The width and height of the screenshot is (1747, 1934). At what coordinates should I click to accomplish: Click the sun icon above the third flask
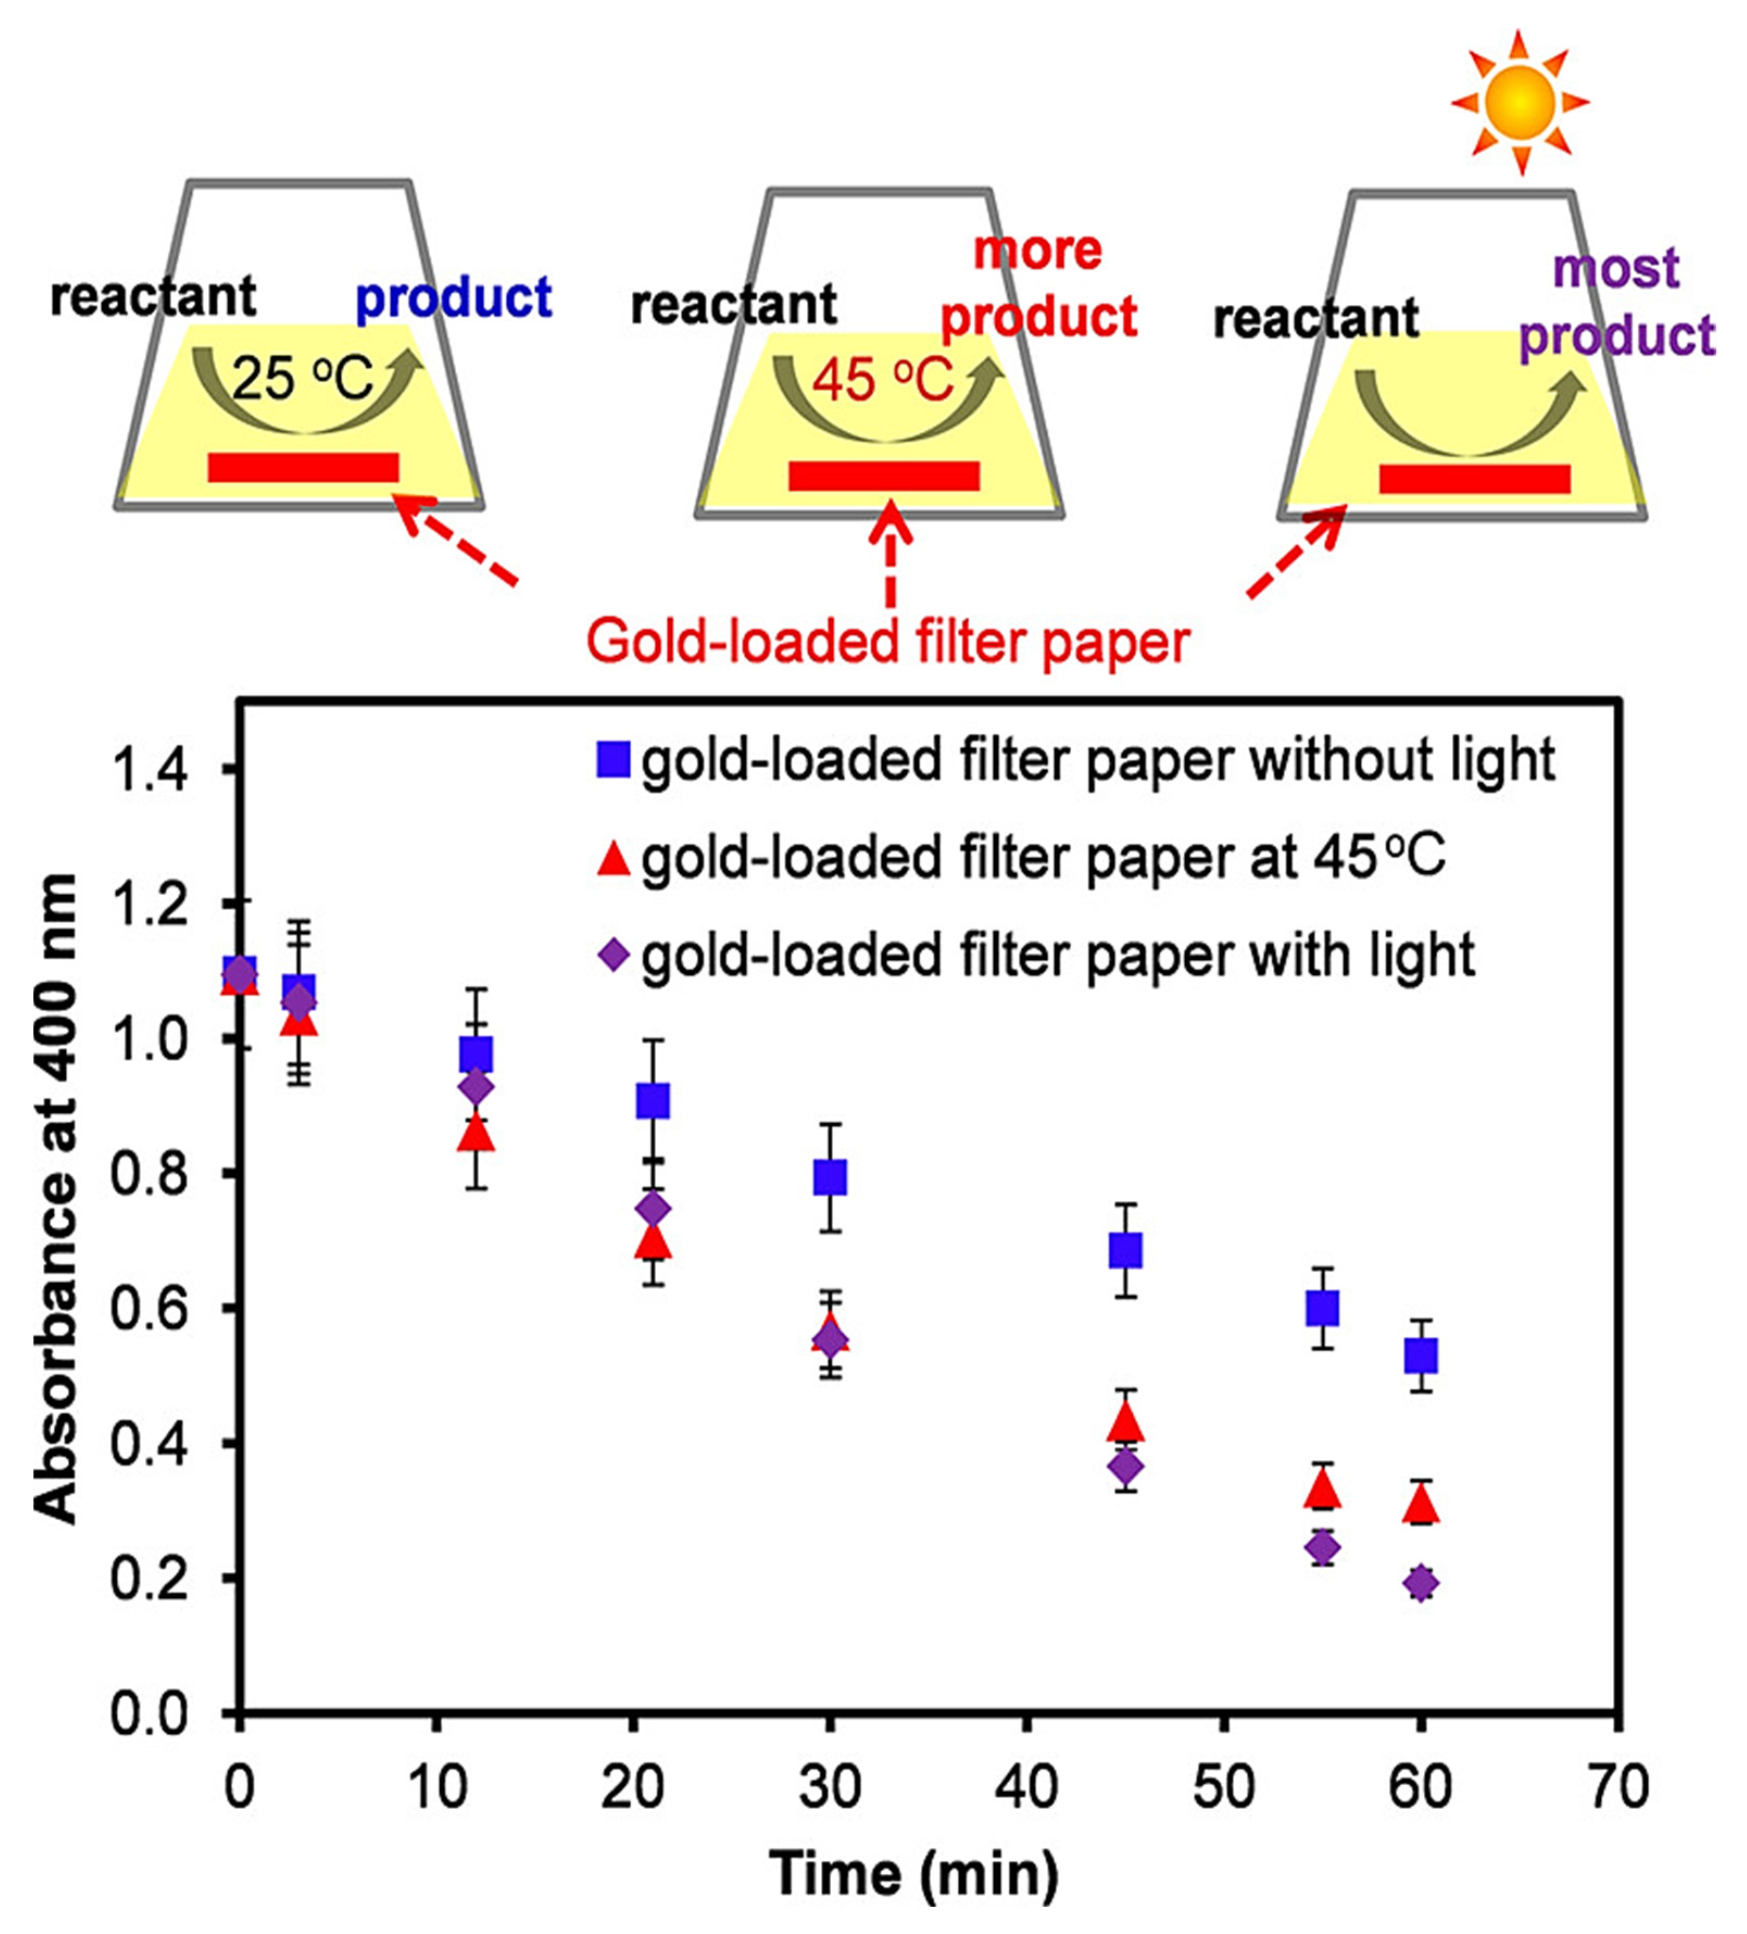point(1519,102)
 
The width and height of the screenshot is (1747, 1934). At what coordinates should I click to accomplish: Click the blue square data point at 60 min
point(1421,1356)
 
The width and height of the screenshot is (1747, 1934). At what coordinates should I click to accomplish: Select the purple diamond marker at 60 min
point(1421,1583)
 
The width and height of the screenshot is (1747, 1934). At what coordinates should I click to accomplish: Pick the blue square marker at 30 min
point(830,1176)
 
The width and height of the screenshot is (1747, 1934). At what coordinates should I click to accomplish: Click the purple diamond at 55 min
point(1323,1546)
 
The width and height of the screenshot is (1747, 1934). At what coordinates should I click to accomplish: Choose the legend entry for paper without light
point(1074,761)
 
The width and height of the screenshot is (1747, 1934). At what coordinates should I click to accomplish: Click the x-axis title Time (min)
point(913,1873)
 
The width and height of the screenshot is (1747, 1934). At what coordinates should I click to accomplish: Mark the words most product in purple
point(1617,302)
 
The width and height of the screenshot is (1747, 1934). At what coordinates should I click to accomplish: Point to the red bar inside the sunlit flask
point(1474,478)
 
